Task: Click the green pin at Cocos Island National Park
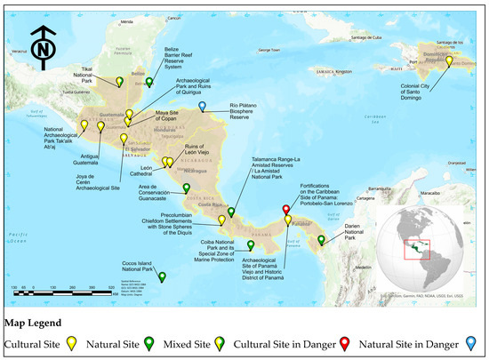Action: click(x=162, y=276)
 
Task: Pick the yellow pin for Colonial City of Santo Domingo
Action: click(x=449, y=61)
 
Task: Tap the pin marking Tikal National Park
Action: click(x=119, y=82)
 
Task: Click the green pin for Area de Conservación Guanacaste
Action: click(x=186, y=187)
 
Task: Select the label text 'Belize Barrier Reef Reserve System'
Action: click(x=182, y=55)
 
